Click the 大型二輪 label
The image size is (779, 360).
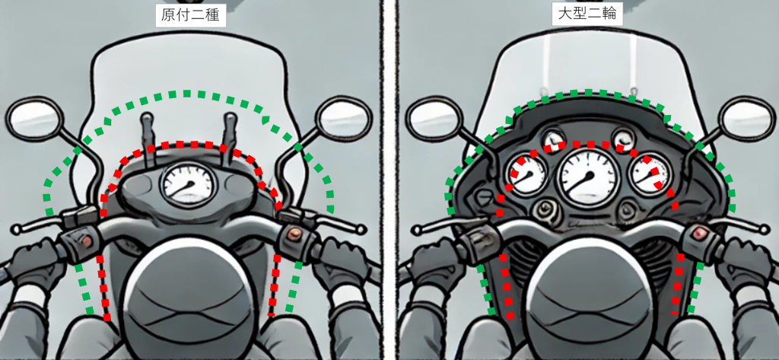(587, 14)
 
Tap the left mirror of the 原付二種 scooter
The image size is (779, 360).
(35, 119)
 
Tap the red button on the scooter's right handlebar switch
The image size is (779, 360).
(294, 233)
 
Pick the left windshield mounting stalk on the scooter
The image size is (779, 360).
(148, 139)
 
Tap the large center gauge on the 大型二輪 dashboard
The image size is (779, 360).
(590, 177)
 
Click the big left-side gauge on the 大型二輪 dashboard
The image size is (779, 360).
(527, 174)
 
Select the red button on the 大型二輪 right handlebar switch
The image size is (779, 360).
(701, 231)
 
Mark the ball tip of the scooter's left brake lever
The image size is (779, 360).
(17, 229)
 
